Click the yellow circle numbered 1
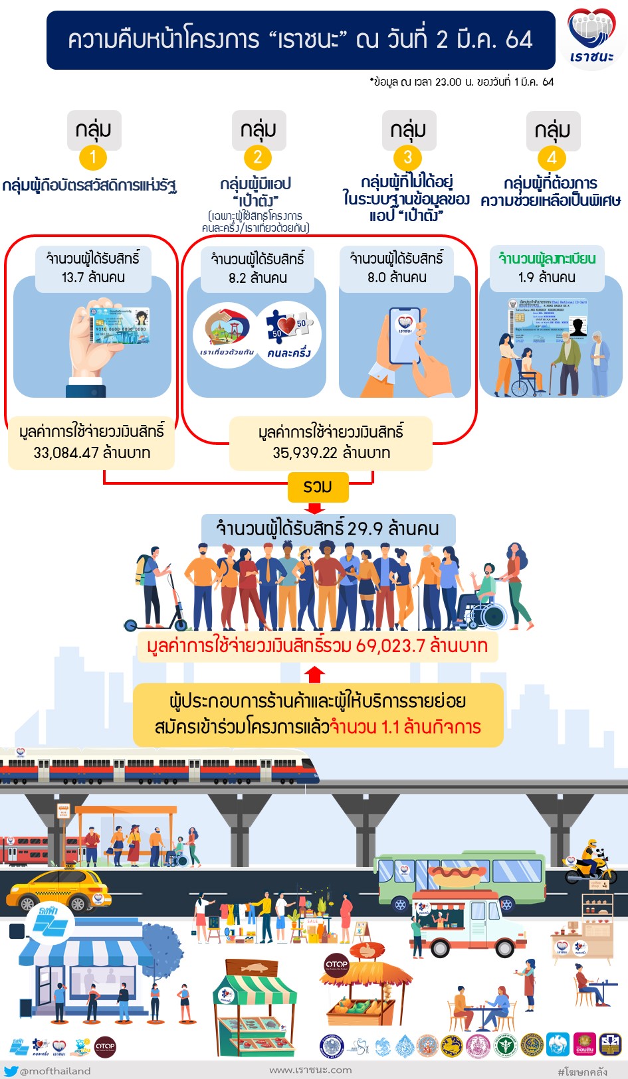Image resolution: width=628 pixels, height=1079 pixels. [x=93, y=157]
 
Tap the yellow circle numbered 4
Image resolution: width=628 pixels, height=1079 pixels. [x=552, y=158]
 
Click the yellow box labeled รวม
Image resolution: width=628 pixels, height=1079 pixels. [x=318, y=487]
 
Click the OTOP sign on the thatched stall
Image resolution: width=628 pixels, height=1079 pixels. [x=336, y=964]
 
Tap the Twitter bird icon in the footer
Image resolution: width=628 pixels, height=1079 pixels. [x=11, y=1070]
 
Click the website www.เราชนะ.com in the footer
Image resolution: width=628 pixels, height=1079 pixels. [x=310, y=1070]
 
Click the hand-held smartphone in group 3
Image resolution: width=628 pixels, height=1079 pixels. [x=404, y=335]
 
